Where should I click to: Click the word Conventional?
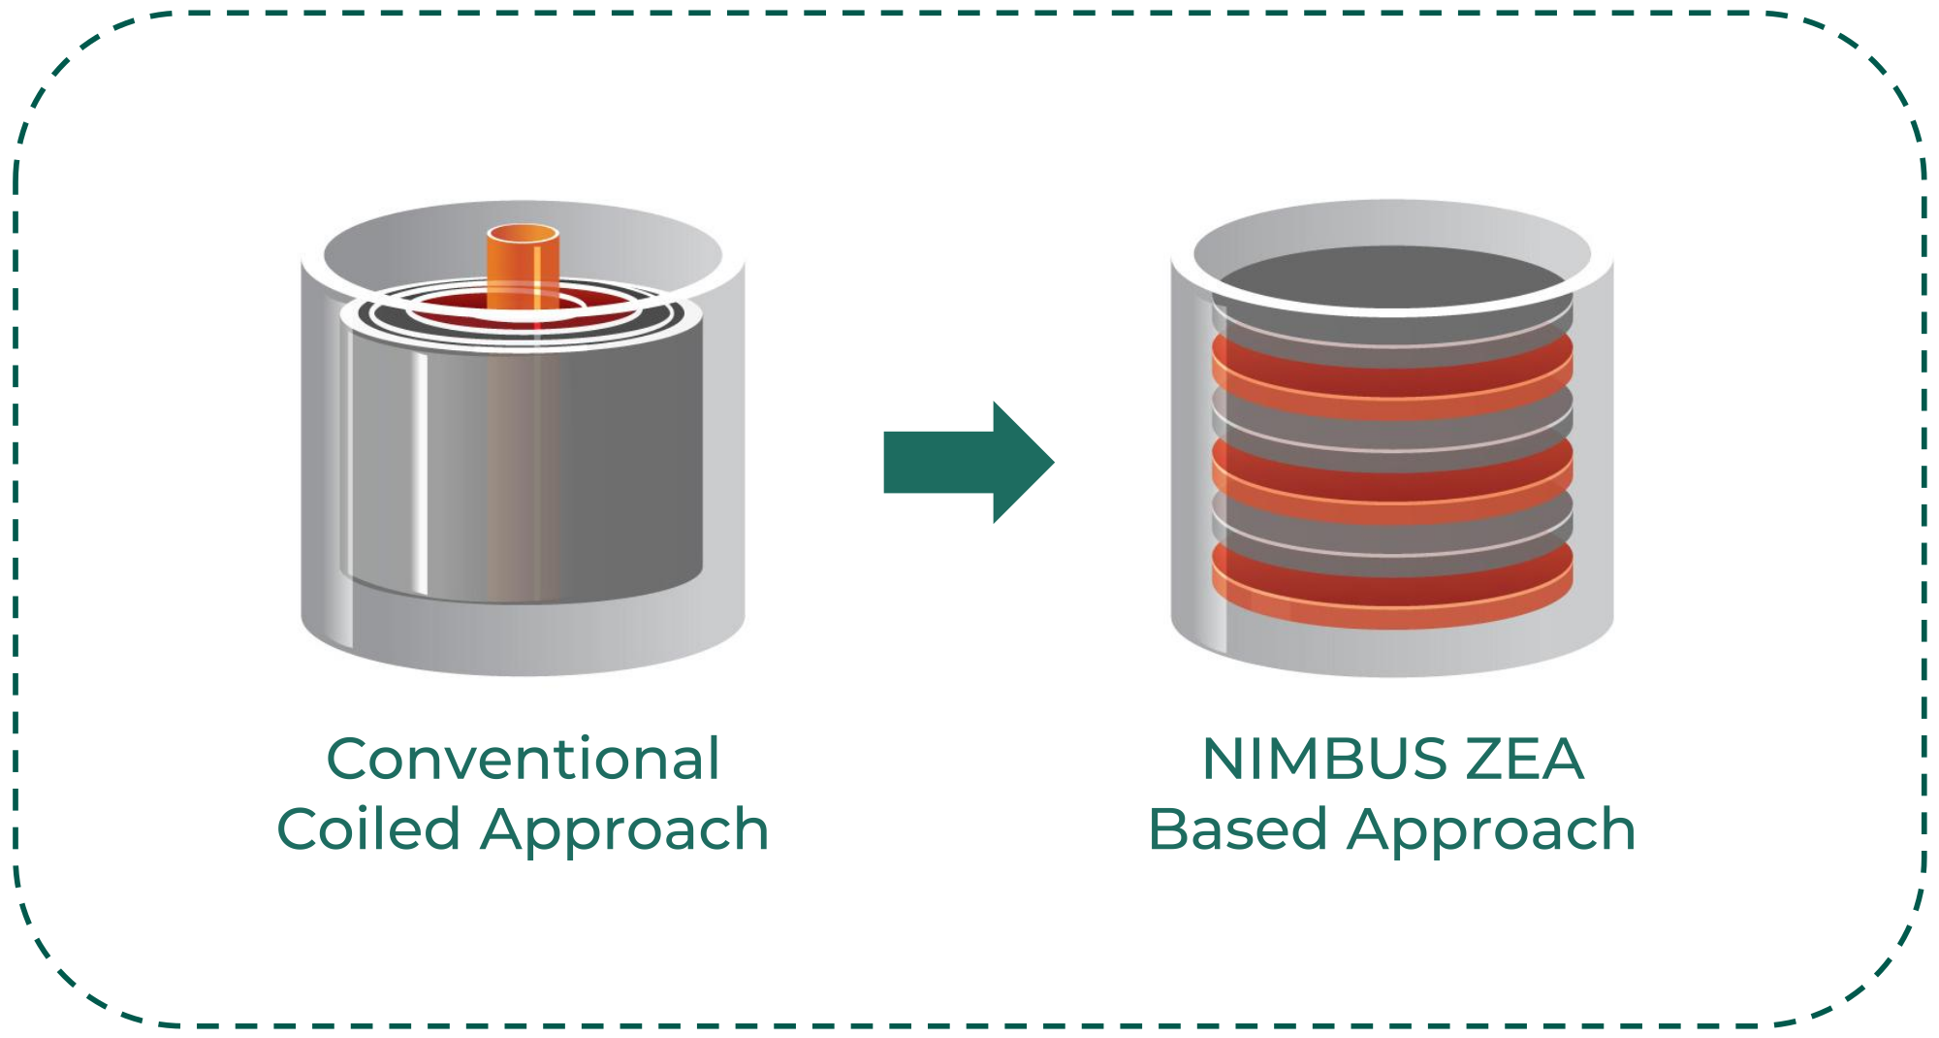coord(524,759)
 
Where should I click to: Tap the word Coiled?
coord(367,830)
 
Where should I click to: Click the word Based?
coord(1236,830)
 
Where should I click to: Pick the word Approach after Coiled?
coord(624,830)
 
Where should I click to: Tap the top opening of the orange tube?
coord(523,234)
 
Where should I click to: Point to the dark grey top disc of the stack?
coord(1392,276)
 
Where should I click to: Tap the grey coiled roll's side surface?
coord(620,466)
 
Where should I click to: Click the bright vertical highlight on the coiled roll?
coord(420,466)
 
